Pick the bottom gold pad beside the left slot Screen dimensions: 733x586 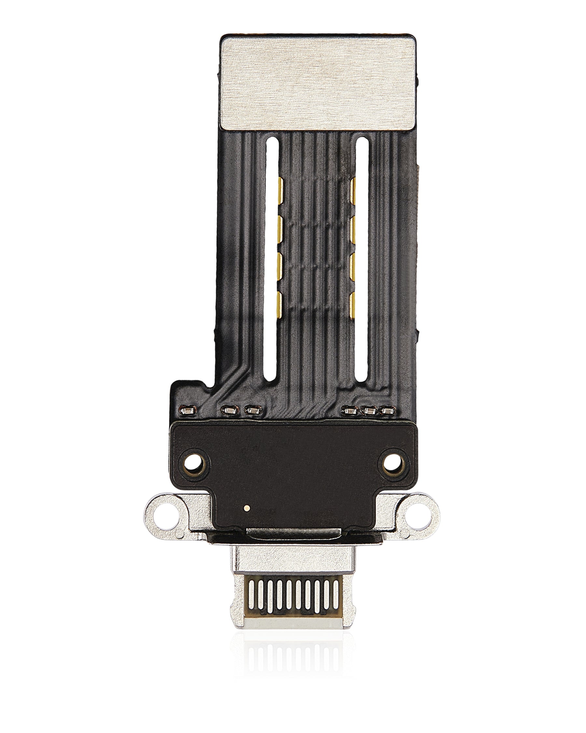280,302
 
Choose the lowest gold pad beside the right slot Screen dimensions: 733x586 352,302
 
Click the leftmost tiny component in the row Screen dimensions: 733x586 188,411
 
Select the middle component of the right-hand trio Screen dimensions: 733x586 369,411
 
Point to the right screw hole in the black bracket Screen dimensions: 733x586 393,463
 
